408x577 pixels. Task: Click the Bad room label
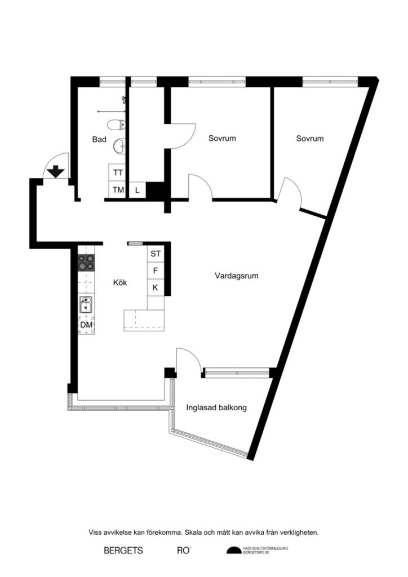(100, 139)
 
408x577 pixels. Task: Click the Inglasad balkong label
(216, 408)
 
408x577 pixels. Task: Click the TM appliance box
(118, 190)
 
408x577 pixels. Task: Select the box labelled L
(138, 190)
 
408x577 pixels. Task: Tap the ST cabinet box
(156, 254)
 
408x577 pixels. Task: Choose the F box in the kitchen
(156, 271)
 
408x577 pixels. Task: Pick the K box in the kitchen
(156, 288)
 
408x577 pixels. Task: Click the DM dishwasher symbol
(86, 325)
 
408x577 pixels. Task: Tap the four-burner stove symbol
(86, 262)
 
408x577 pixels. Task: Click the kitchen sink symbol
(86, 305)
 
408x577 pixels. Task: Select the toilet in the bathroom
(117, 125)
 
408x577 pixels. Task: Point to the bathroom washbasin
(119, 146)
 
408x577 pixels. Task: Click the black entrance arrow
(56, 171)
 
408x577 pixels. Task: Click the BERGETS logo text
(123, 550)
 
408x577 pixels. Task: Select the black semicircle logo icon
(233, 551)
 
